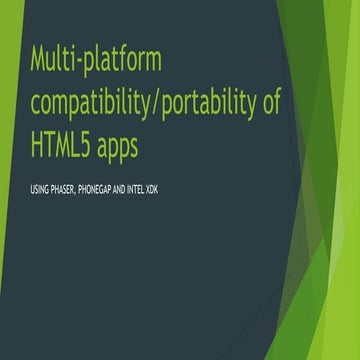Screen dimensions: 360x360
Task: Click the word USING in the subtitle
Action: pyautogui.click(x=41, y=189)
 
